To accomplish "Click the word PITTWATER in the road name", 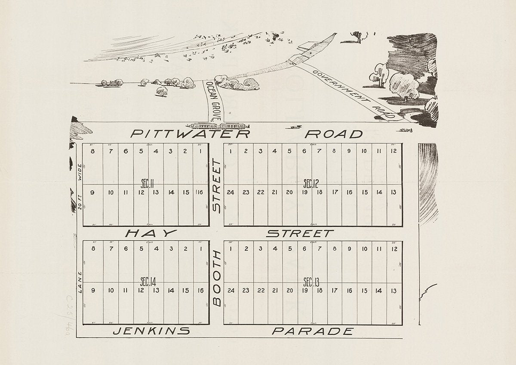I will [x=190, y=134].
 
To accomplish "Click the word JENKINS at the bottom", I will [x=151, y=331].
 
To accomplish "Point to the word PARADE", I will [x=313, y=331].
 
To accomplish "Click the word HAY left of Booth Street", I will [x=151, y=233].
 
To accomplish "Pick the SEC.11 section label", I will [x=148, y=184].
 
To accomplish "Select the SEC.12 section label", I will [x=310, y=184].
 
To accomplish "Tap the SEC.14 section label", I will [x=148, y=282].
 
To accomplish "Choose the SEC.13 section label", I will [x=311, y=282].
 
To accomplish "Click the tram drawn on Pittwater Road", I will [x=220, y=126].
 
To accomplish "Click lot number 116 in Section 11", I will [x=199, y=192].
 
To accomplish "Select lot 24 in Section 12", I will [x=230, y=192].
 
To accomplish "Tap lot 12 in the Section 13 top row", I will [x=394, y=248].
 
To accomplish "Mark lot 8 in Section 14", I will [x=93, y=248].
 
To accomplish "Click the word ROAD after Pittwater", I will [x=334, y=134].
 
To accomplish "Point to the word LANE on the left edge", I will [x=80, y=285].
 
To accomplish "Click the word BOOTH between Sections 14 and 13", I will [x=217, y=278].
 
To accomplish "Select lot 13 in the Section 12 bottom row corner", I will [x=394, y=192].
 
